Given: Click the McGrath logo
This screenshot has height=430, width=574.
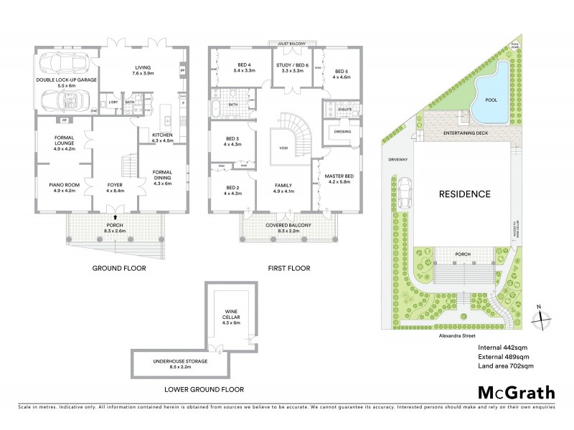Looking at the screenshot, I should point(516,392).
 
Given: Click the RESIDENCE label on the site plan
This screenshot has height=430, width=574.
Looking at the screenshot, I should point(465,193).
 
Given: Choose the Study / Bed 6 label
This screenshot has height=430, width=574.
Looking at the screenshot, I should point(292,65).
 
